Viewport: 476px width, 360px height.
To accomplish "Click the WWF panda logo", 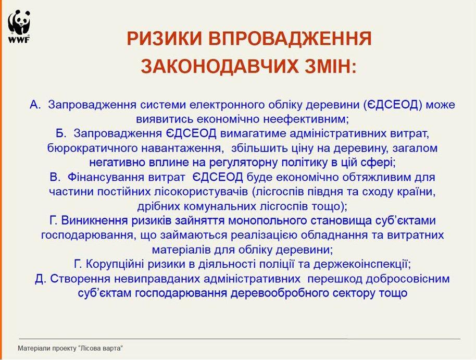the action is (19, 27).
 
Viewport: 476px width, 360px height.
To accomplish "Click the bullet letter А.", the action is (35, 105).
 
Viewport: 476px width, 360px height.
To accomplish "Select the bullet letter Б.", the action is (61, 133).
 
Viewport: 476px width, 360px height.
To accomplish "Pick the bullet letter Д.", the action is (40, 279).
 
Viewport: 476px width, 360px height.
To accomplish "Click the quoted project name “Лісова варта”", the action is (101, 348).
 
